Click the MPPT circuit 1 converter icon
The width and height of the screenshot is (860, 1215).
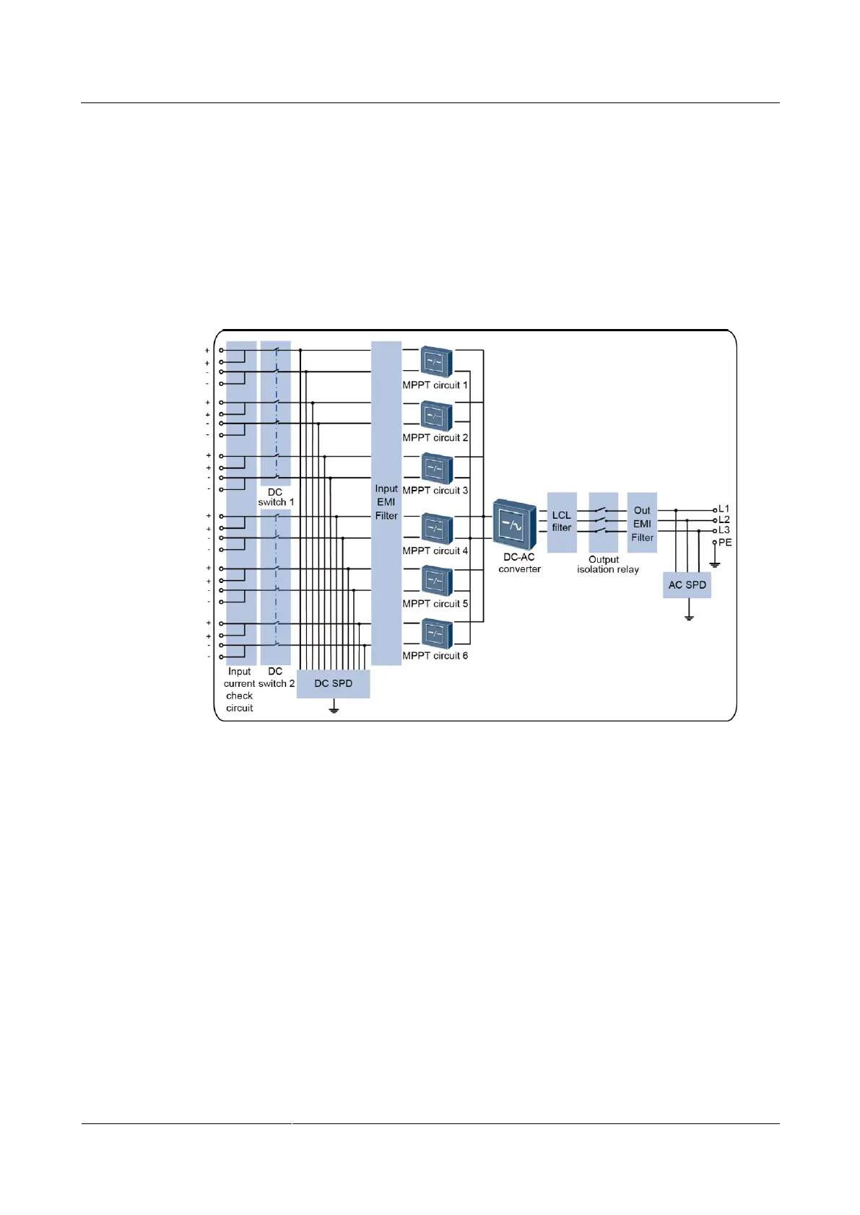436,362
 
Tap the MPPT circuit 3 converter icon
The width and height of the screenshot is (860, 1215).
436,469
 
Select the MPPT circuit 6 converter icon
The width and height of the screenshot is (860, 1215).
436,635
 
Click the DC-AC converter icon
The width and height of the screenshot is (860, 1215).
515,525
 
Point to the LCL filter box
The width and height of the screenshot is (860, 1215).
562,522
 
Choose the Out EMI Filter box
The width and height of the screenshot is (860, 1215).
642,523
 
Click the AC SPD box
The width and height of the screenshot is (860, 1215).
687,585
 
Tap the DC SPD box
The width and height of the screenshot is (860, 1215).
333,683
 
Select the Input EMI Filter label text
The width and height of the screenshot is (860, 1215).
386,502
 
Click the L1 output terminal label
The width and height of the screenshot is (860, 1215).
724,509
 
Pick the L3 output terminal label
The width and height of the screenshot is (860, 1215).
724,530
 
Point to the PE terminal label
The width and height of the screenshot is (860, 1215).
725,543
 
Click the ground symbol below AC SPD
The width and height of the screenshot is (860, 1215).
690,618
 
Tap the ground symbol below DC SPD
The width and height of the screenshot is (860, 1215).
334,710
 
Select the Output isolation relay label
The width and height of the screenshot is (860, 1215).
607,564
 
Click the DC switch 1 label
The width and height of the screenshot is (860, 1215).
276,497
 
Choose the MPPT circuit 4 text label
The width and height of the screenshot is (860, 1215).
435,551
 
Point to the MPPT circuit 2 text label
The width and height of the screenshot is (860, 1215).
435,437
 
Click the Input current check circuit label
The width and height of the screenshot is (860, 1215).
239,690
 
